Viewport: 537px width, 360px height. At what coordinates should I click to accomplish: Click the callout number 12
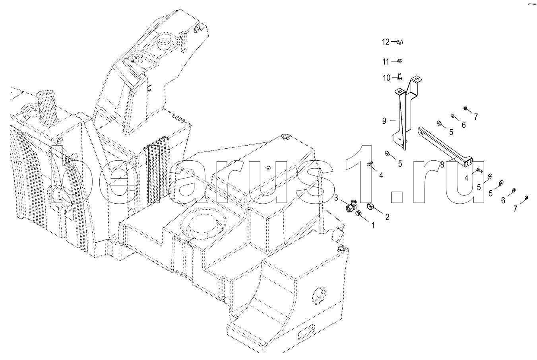[386, 42]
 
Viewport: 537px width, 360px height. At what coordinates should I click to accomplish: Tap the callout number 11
[386, 62]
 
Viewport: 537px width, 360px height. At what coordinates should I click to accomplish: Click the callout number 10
[387, 78]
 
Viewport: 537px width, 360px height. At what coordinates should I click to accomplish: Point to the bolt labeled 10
[399, 76]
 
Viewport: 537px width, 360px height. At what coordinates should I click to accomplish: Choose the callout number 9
[384, 121]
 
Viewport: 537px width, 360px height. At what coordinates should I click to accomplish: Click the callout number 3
[336, 198]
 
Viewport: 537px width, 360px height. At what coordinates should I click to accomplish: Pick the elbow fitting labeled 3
[351, 206]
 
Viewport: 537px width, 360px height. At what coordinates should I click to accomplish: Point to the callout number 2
[387, 217]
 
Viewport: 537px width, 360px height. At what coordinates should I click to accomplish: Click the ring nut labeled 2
[370, 206]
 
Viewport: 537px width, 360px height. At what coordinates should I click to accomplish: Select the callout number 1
[372, 225]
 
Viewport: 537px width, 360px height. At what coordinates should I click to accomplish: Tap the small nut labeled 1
[358, 214]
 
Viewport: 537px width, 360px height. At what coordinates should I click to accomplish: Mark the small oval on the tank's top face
[268, 167]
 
